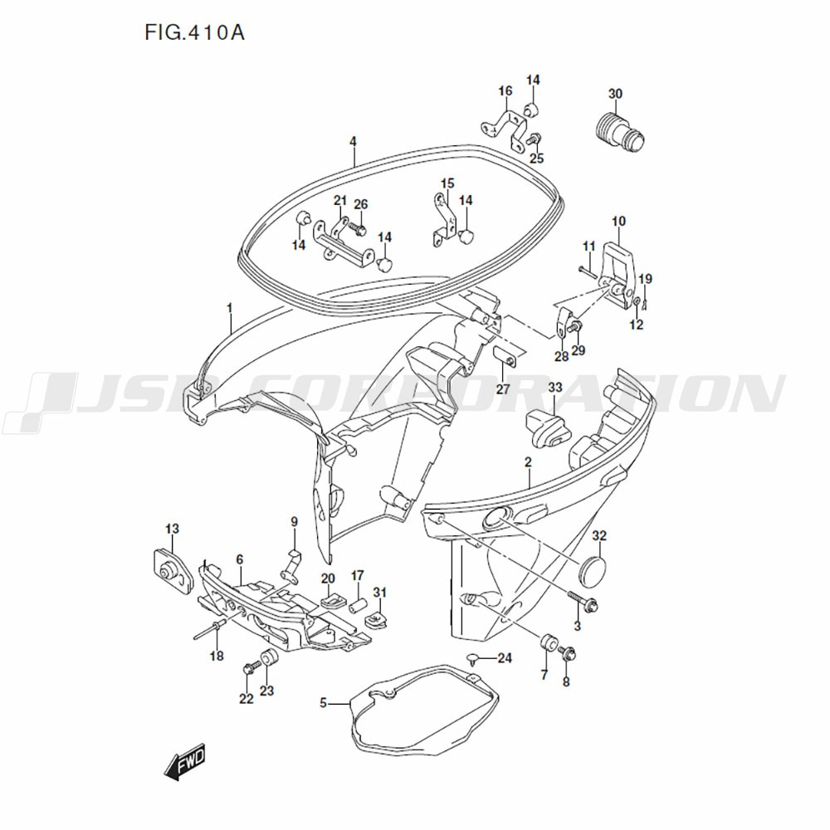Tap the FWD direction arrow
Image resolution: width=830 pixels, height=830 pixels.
click(x=184, y=763)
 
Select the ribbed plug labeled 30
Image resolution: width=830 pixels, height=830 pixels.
click(x=619, y=131)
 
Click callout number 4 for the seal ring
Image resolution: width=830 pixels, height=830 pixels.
click(x=353, y=142)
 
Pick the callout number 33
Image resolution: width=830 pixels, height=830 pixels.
click(x=554, y=388)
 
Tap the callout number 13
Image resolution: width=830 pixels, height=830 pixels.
click(x=172, y=529)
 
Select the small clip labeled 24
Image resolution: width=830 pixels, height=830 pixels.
click(x=472, y=659)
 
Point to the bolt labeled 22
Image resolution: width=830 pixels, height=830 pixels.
click(x=248, y=668)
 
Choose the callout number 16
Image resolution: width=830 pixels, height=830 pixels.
click(x=505, y=90)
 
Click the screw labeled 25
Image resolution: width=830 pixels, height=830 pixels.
click(x=535, y=139)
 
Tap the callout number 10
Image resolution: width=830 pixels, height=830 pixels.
click(x=618, y=222)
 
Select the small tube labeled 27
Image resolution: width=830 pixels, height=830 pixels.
click(x=505, y=359)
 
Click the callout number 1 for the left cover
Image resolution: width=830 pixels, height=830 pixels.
click(x=230, y=308)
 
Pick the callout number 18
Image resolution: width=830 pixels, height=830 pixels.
click(x=216, y=657)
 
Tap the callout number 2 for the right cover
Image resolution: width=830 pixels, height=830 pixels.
click(x=528, y=461)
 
